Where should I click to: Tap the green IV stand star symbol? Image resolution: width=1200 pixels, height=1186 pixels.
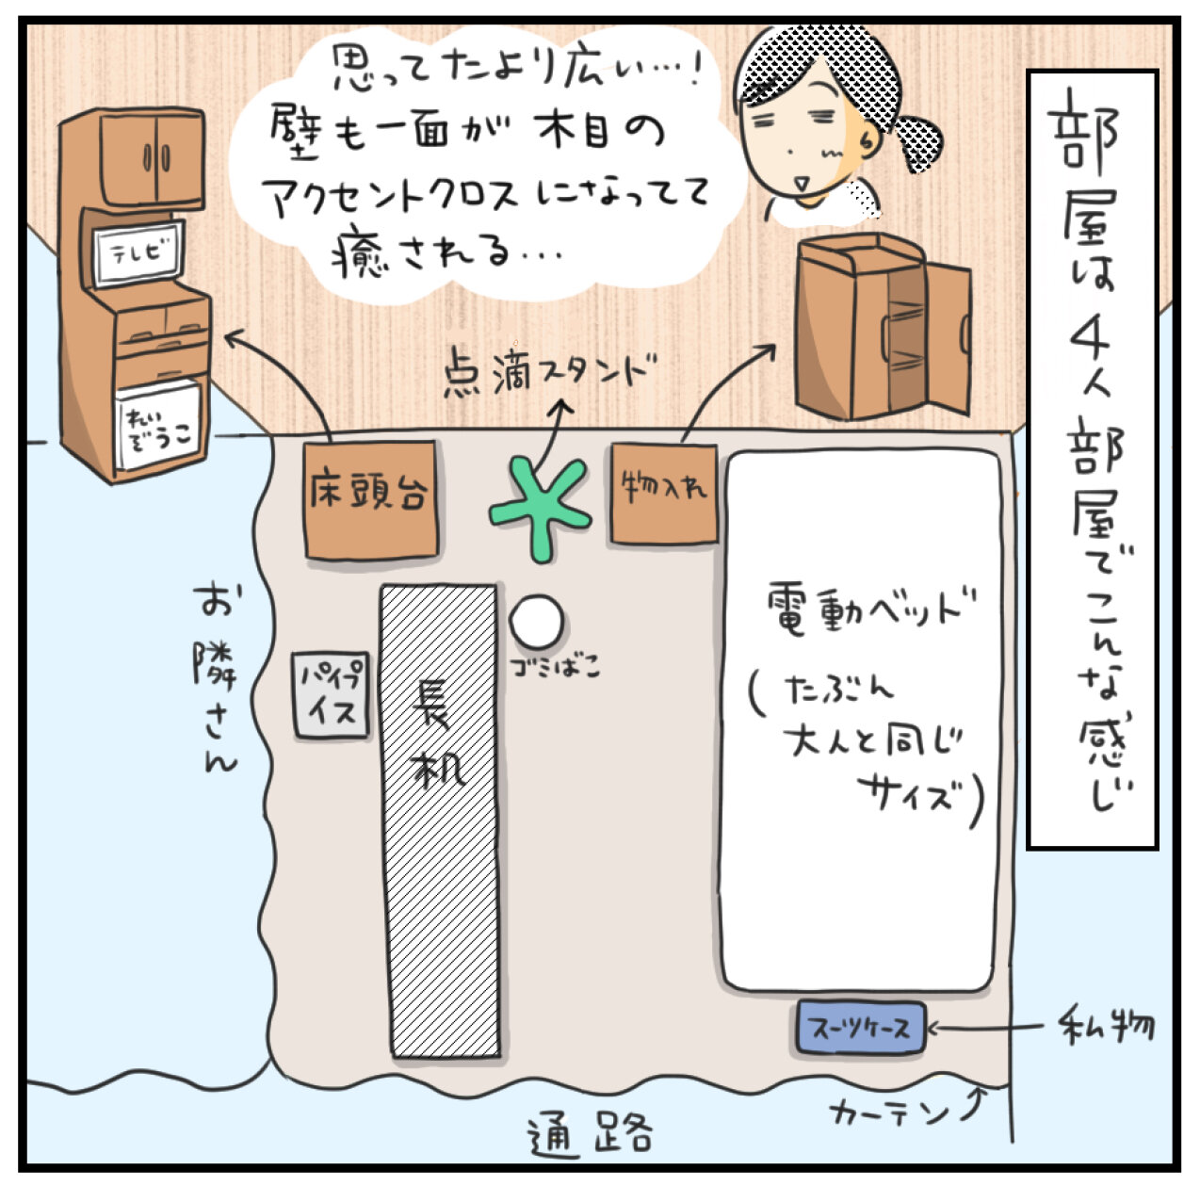541,507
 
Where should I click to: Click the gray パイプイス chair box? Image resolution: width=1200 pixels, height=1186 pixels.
329,695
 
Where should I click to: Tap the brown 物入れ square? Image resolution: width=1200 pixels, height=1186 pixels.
663,493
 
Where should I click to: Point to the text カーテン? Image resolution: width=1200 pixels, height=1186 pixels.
890,1113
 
